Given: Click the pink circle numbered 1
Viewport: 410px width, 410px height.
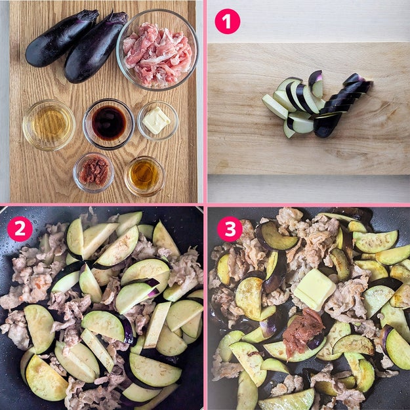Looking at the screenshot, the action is pyautogui.click(x=227, y=22).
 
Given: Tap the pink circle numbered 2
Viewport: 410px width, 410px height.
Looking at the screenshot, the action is pyautogui.click(x=20, y=229).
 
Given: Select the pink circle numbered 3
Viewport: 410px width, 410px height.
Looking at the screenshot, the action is pyautogui.click(x=230, y=229).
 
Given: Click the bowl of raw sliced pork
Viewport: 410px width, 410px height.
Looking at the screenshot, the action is pyautogui.click(x=157, y=50).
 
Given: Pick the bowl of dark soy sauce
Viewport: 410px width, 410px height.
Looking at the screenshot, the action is pyautogui.click(x=109, y=124).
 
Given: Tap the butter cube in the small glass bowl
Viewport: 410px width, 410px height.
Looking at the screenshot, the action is pyautogui.click(x=156, y=120).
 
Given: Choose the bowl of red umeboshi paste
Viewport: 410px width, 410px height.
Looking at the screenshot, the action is pyautogui.click(x=93, y=173).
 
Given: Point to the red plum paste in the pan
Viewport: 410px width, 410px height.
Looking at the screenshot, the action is pyautogui.click(x=303, y=331).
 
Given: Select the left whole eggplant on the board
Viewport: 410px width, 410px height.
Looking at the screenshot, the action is pyautogui.click(x=62, y=38).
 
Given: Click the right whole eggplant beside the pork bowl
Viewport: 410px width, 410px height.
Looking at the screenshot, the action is pyautogui.click(x=96, y=48).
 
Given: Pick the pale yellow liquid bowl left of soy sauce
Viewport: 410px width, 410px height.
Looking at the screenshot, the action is pyautogui.click(x=49, y=125).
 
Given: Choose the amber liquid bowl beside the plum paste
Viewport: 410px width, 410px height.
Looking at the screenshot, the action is pyautogui.click(x=145, y=176).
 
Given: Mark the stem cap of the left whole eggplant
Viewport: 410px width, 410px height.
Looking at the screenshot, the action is pyautogui.click(x=89, y=16).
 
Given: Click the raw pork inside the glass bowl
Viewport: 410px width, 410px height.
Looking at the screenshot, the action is pyautogui.click(x=157, y=54).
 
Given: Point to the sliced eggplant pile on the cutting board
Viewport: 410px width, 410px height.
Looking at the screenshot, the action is pyautogui.click(x=317, y=104).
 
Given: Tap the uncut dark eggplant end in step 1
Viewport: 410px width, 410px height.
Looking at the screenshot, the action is pyautogui.click(x=327, y=125).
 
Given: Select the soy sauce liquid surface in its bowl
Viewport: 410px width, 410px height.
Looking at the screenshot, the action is pyautogui.click(x=109, y=123).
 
